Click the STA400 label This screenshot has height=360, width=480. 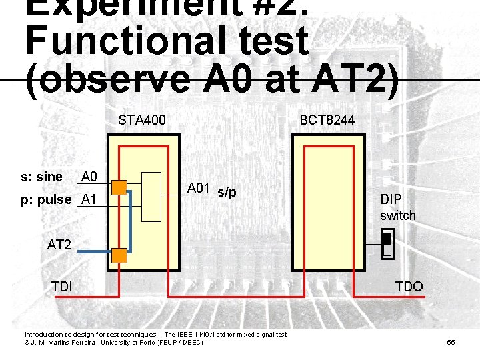coord(142,121)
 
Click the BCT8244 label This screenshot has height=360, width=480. coord(327,121)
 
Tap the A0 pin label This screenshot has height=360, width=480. coord(89,177)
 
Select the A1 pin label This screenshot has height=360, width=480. coord(89,199)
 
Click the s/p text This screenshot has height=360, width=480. coord(227,193)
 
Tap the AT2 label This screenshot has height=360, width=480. coord(59,245)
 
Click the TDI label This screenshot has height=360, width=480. coord(62,287)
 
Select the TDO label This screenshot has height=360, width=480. coord(409,287)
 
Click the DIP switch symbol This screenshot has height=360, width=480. coord(386,244)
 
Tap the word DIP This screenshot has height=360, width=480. coord(391,199)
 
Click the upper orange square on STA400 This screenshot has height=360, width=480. coord(119,187)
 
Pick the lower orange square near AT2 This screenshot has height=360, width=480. coord(119,255)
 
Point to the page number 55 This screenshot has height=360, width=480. coord(451,343)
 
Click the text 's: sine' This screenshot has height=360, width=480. coord(41,177)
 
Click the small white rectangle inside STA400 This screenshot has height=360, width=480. coord(152,197)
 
